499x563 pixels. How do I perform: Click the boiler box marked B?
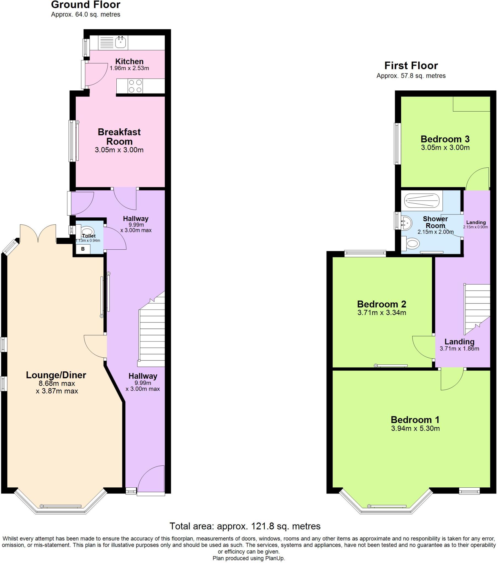click(83, 249)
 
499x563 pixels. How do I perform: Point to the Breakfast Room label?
click(119, 137)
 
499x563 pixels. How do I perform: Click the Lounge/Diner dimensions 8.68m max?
click(57, 383)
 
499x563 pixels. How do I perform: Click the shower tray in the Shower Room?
click(421, 201)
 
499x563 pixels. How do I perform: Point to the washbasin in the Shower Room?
click(407, 222)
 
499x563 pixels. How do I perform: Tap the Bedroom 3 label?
click(445, 139)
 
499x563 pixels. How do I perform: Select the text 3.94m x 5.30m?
click(415, 428)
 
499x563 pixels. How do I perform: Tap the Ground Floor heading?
click(86, 5)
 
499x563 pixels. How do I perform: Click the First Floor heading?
click(411, 65)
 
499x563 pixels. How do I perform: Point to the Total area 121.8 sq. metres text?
click(245, 526)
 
